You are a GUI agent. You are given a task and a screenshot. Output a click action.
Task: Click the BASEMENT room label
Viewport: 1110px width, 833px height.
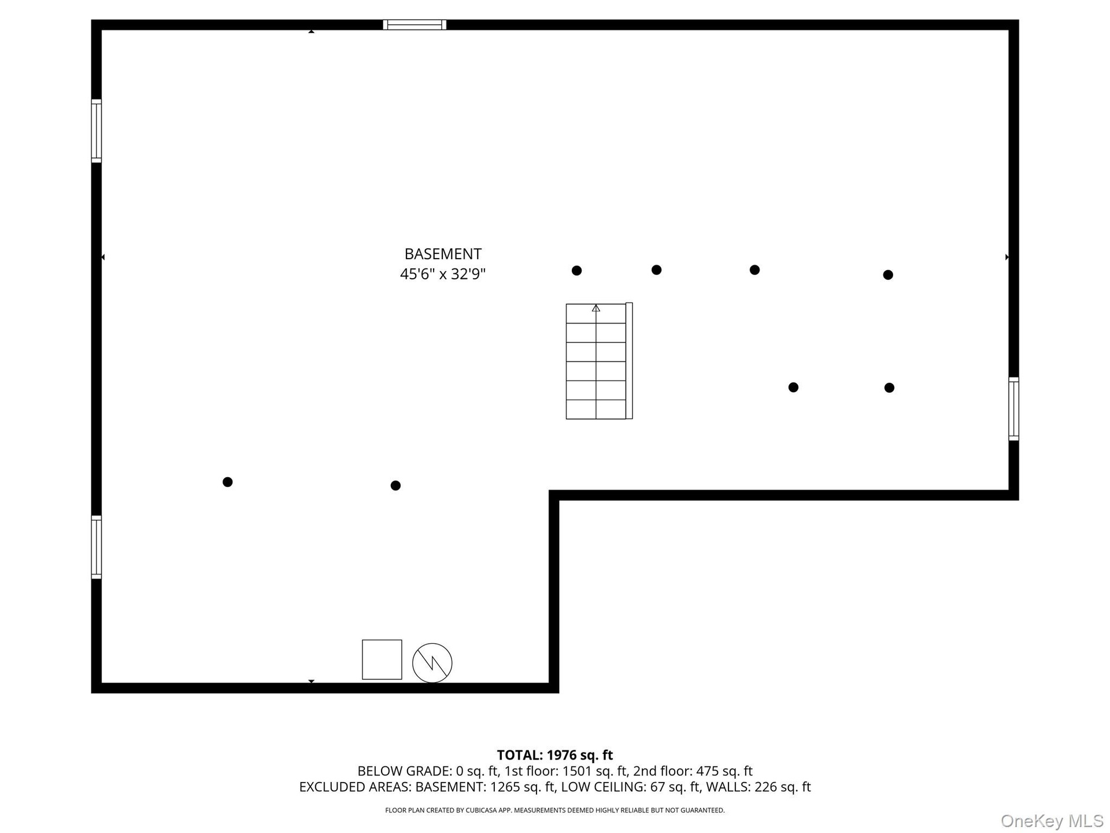tap(443, 254)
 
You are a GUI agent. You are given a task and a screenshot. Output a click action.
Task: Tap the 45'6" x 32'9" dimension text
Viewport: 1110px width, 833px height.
tap(443, 274)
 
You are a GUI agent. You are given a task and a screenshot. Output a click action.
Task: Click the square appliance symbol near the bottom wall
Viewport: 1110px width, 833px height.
tap(382, 659)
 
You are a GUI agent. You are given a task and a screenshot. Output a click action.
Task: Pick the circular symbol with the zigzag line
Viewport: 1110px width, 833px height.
tap(432, 663)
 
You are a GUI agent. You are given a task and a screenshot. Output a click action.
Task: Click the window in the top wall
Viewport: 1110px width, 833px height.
tap(415, 25)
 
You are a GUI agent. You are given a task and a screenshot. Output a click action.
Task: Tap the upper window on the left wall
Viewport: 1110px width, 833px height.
tap(97, 131)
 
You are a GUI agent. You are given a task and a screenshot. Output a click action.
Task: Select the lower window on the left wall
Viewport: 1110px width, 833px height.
tap(97, 547)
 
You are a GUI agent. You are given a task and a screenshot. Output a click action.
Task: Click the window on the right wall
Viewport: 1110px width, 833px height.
tap(1013, 409)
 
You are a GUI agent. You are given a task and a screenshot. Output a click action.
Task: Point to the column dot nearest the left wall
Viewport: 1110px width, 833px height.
tap(228, 482)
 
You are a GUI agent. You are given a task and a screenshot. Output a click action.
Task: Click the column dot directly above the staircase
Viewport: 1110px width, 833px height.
tap(576, 270)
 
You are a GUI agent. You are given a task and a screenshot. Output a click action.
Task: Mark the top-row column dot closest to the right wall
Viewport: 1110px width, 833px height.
tap(888, 275)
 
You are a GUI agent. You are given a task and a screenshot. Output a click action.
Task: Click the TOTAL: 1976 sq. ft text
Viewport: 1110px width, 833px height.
tap(555, 755)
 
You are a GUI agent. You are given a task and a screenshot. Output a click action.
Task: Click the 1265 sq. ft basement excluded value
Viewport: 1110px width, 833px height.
tap(523, 787)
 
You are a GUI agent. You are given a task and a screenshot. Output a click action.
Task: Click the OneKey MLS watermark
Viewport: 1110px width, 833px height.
tap(1052, 821)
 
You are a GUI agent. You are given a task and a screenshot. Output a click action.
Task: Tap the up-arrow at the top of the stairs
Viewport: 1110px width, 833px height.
tap(596, 308)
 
